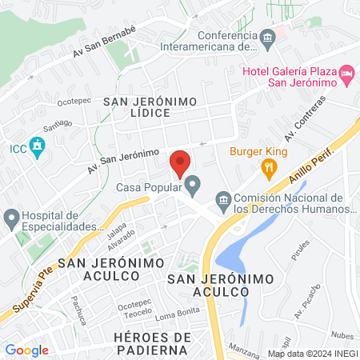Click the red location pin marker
[180, 163]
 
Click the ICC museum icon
[35, 148]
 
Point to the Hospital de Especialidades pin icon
[11, 218]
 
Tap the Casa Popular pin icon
[193, 187]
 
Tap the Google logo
[26, 350]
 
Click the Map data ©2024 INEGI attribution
[312, 353]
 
